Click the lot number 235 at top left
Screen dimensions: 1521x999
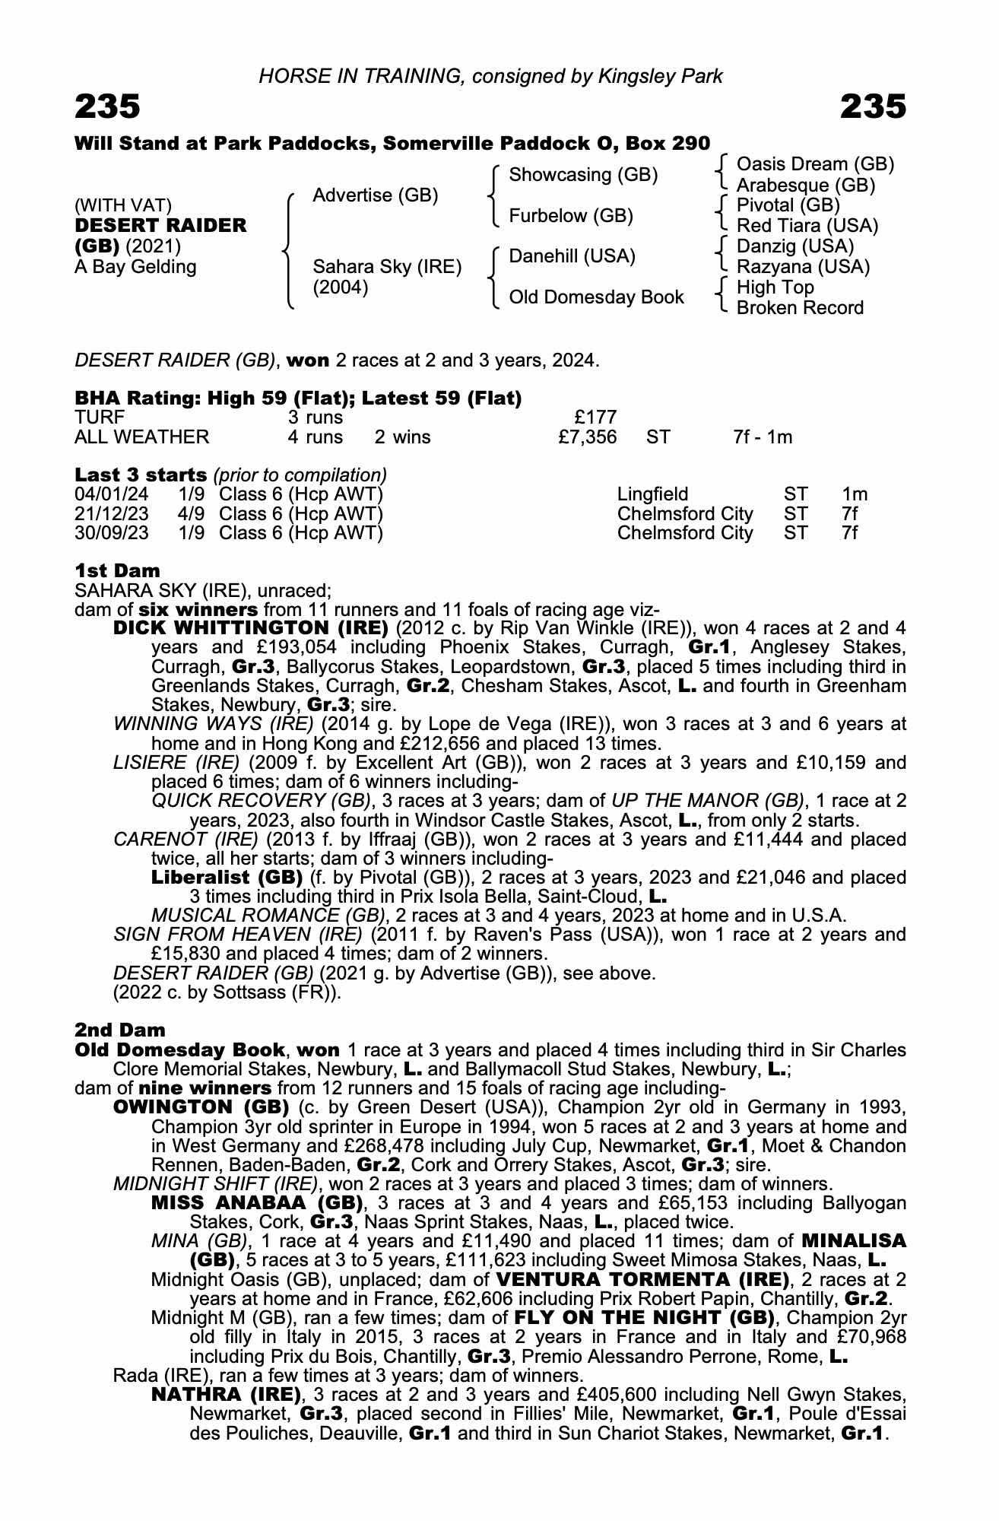pyautogui.click(x=107, y=107)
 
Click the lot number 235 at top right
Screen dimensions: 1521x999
pyautogui.click(x=874, y=107)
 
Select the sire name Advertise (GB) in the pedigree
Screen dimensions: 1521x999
pyautogui.click(x=376, y=195)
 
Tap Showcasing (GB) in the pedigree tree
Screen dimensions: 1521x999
pyautogui.click(x=583, y=175)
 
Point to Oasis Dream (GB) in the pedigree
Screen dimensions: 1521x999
pyautogui.click(x=815, y=164)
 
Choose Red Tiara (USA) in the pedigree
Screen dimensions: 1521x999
pyautogui.click(x=807, y=226)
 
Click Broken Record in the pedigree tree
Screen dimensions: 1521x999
pyautogui.click(x=800, y=308)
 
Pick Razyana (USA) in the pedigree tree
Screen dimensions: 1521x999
pyautogui.click(x=803, y=267)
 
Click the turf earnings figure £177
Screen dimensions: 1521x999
pyautogui.click(x=595, y=417)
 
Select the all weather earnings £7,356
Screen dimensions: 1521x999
pyautogui.click(x=586, y=437)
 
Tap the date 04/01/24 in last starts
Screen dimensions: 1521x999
pyautogui.click(x=112, y=494)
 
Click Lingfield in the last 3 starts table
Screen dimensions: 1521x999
pyautogui.click(x=652, y=494)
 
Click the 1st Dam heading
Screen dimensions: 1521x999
pyautogui.click(x=117, y=571)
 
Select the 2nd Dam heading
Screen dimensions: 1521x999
pyautogui.click(x=119, y=1030)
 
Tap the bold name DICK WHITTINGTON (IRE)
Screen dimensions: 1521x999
pyautogui.click(x=251, y=629)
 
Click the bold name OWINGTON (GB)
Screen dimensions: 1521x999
pyautogui.click(x=201, y=1107)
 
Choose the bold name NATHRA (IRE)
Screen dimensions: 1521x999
pyautogui.click(x=227, y=1395)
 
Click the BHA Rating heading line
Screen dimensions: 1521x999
pyautogui.click(x=298, y=398)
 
